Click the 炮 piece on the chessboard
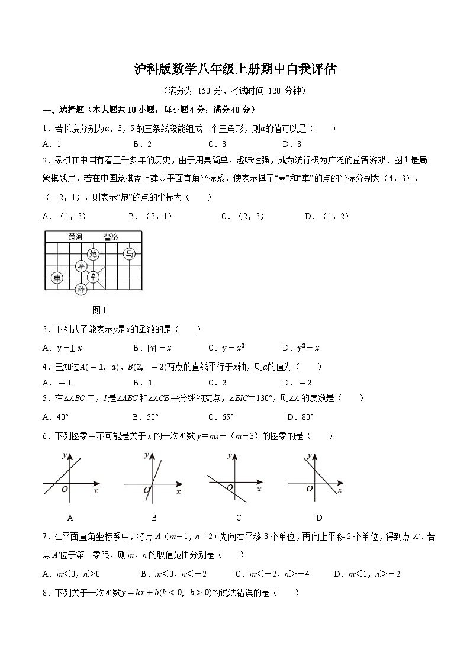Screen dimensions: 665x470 coord(93,254)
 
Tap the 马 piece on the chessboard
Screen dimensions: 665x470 coord(128,254)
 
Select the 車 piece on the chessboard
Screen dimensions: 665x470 coord(57,277)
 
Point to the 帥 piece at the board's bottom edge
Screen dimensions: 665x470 coord(81,289)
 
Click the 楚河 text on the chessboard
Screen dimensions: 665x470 coord(75,237)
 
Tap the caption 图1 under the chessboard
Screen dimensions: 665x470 coord(99,310)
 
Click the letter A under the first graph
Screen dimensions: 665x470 coord(70,517)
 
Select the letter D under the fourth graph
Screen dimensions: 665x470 coord(318,517)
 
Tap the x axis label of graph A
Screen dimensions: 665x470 coord(96,491)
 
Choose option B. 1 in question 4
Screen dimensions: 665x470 coord(143,383)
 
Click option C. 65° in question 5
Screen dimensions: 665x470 coord(221,416)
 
